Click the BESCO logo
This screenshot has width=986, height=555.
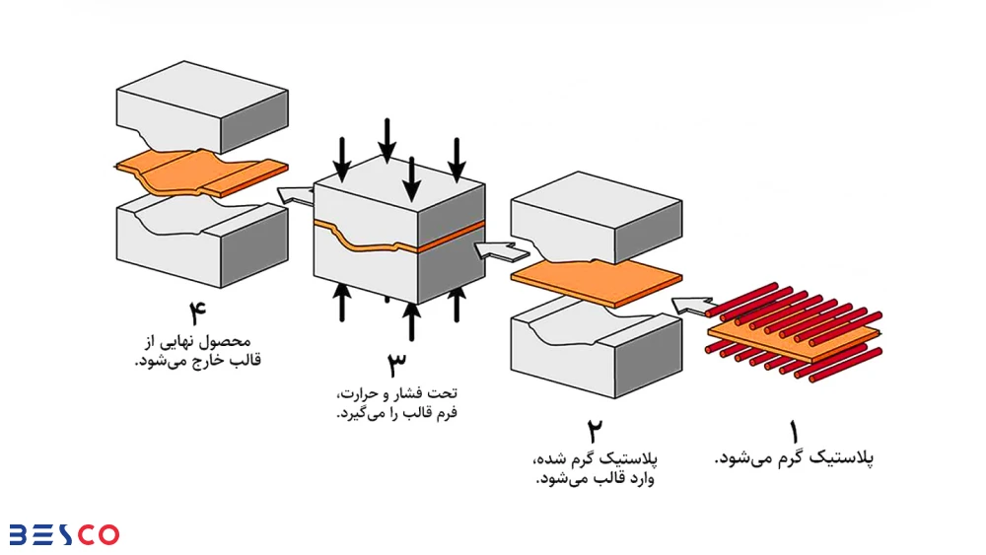pyautogui.click(x=64, y=533)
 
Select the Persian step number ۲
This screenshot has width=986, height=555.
pyautogui.click(x=595, y=432)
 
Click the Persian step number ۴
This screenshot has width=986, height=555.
pyautogui.click(x=197, y=314)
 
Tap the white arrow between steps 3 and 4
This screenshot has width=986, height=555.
pyautogui.click(x=294, y=193)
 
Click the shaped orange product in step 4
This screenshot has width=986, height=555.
pyautogui.click(x=202, y=173)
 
